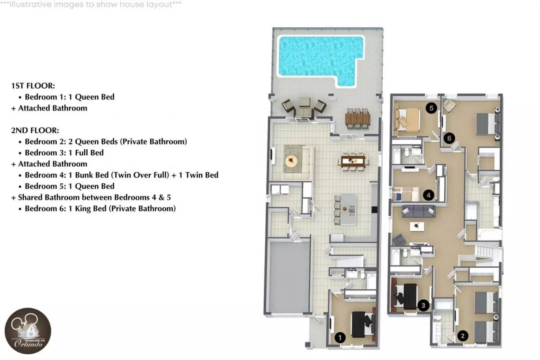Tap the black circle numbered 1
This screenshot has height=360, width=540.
pyautogui.click(x=340, y=337)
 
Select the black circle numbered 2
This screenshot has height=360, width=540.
pyautogui.click(x=463, y=336)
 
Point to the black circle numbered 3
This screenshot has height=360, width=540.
pyautogui.click(x=423, y=305)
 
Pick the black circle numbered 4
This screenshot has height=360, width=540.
pyautogui.click(x=429, y=195)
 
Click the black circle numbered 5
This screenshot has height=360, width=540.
pyautogui.click(x=431, y=108)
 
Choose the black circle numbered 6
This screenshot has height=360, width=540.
pyautogui.click(x=449, y=138)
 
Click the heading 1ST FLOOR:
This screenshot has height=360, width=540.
pyautogui.click(x=33, y=86)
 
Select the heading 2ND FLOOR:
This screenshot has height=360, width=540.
pyautogui.click(x=35, y=130)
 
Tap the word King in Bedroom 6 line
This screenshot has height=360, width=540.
pyautogui.click(x=83, y=209)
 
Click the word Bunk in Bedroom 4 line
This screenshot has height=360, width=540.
pyautogui.click(x=83, y=175)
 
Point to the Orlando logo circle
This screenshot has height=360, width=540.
pyautogui.click(x=28, y=331)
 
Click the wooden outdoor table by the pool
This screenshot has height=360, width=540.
pyautogui.click(x=357, y=118)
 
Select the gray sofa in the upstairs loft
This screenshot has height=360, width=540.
pyautogui.click(x=418, y=211)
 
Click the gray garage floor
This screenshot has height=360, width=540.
pyautogui.click(x=289, y=277)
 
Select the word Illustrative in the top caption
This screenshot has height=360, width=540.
pyautogui.click(x=30, y=4)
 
